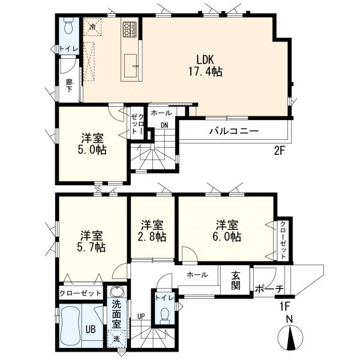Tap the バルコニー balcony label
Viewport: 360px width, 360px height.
(x=233, y=130)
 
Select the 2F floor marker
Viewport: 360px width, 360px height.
(x=279, y=151)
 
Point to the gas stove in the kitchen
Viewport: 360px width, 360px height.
(x=130, y=29)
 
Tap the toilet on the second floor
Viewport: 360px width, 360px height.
(x=68, y=27)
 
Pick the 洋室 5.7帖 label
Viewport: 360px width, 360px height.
(x=91, y=241)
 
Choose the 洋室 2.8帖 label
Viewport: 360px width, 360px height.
(x=153, y=230)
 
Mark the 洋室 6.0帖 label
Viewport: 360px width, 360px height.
(x=227, y=230)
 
